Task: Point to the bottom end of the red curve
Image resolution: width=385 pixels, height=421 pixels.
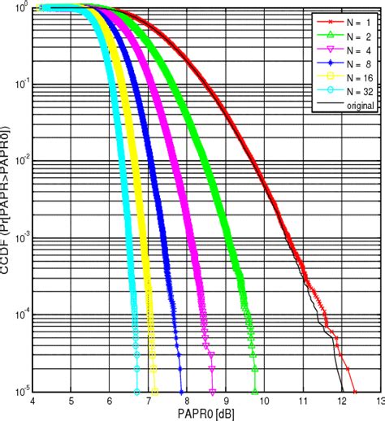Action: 355,391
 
